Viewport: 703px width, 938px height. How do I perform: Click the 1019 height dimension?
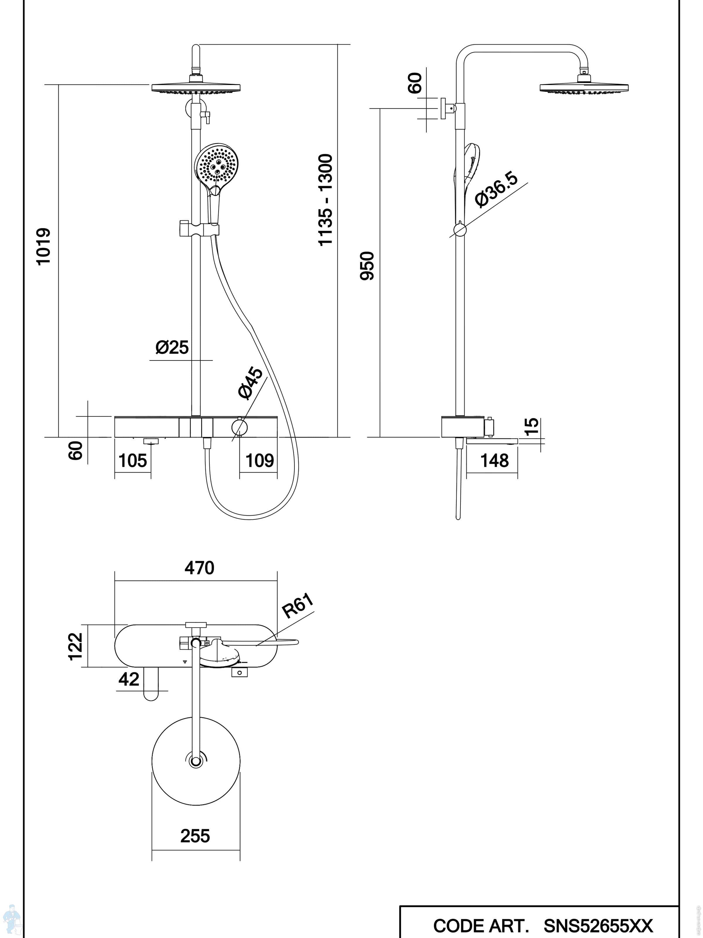point(44,247)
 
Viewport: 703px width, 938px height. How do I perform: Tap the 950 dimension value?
point(367,266)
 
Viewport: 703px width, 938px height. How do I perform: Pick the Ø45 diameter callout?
point(251,383)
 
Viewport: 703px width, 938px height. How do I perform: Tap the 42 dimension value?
point(129,680)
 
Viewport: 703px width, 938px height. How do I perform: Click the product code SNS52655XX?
point(598,926)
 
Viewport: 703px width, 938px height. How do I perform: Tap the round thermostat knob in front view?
point(239,427)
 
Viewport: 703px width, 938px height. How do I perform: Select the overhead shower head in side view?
point(583,87)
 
